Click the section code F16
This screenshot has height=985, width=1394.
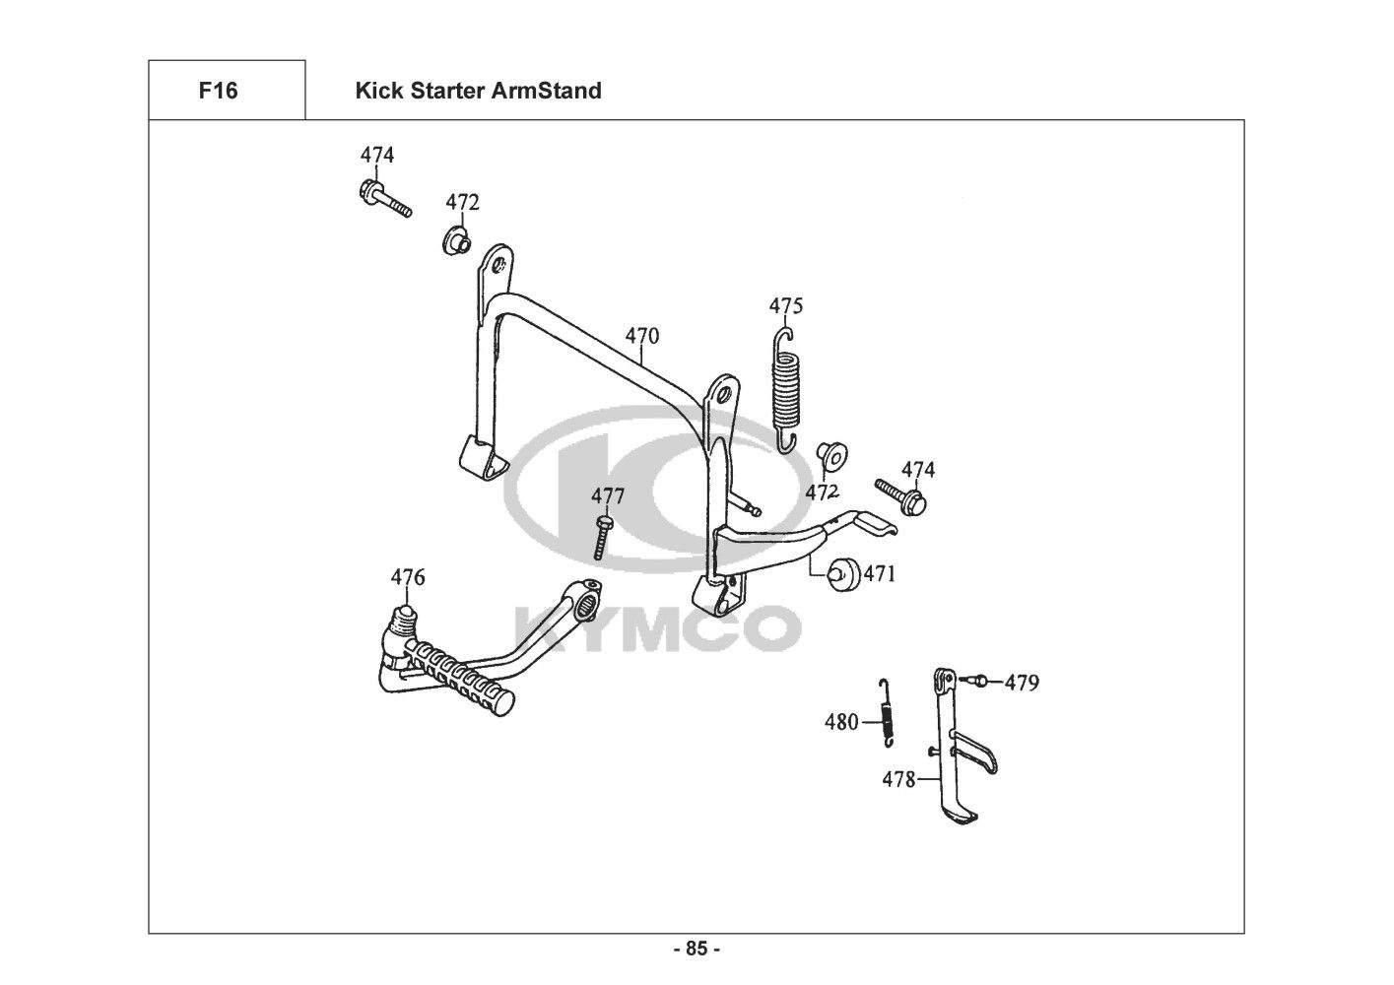(x=218, y=92)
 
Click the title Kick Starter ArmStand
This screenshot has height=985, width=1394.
(x=478, y=92)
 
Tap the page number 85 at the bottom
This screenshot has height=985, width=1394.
(x=697, y=950)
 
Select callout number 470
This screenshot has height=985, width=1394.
(x=641, y=336)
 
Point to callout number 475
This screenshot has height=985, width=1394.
(x=786, y=306)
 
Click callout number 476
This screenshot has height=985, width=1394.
(x=408, y=577)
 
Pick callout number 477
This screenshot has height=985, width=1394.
(x=608, y=494)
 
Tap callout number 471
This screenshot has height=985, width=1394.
(x=880, y=573)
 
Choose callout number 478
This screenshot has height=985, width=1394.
(x=898, y=780)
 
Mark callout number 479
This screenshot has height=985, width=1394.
(x=1022, y=683)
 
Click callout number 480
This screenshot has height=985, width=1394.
(x=841, y=723)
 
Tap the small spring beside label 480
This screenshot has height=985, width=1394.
(x=887, y=711)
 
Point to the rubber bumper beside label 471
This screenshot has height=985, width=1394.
(x=843, y=574)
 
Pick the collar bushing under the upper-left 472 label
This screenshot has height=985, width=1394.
(x=454, y=240)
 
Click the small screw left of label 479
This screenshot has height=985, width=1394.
(x=972, y=680)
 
